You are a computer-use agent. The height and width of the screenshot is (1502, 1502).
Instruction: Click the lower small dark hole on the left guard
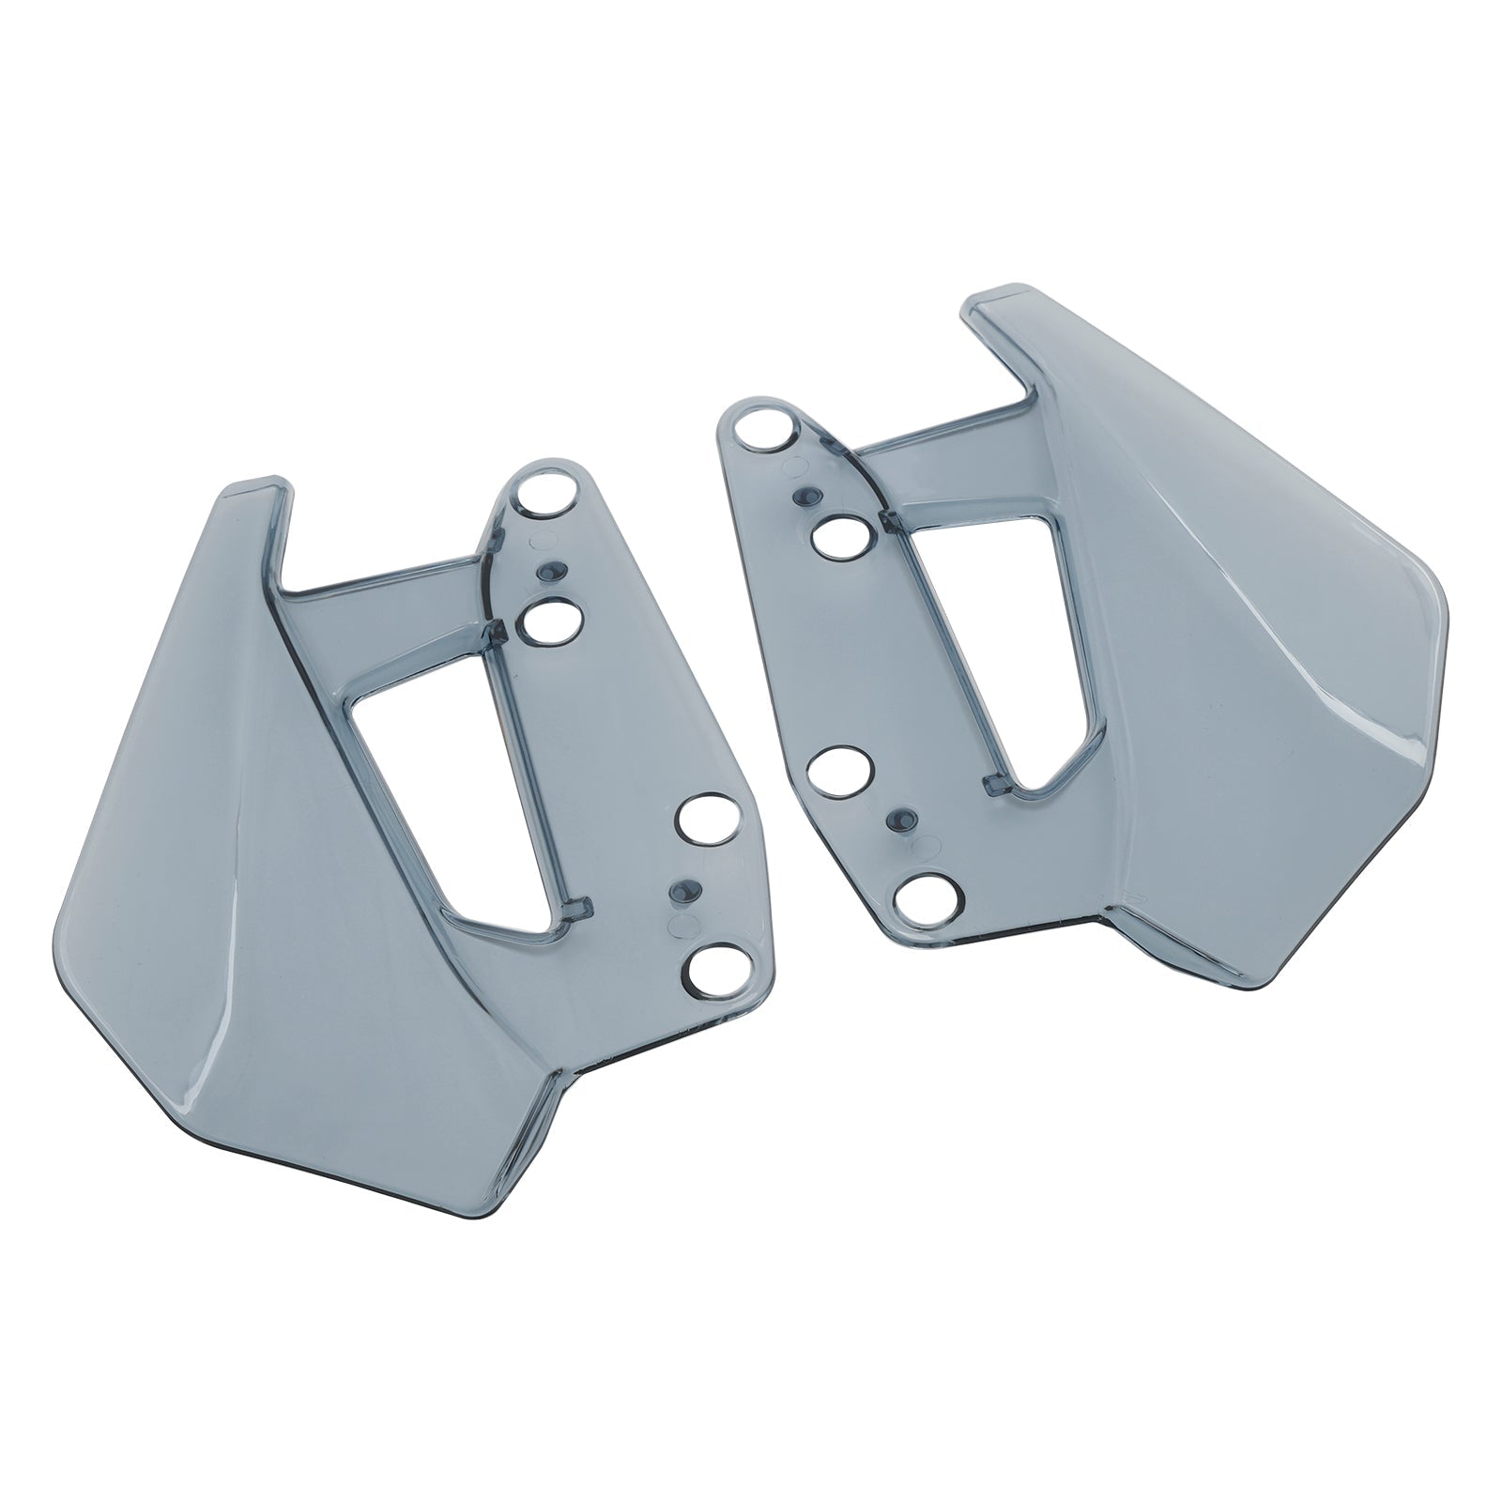coord(683,888)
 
